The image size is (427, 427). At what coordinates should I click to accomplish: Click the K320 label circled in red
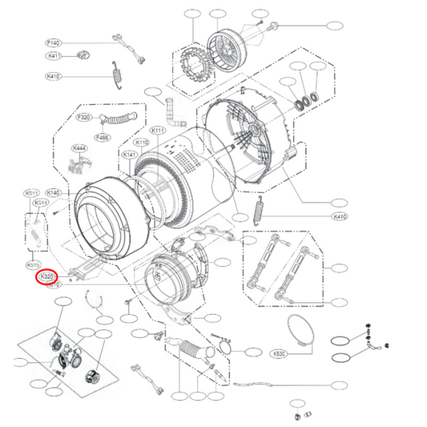click(47, 277)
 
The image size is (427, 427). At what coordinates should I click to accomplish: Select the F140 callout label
click(53, 41)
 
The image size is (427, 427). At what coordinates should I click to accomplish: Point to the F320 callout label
click(83, 117)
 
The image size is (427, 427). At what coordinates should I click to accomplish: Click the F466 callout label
click(103, 138)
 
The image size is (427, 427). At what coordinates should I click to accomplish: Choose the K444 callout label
click(79, 148)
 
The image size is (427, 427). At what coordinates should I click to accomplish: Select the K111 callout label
click(157, 131)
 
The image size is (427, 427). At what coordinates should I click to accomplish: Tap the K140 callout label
click(54, 193)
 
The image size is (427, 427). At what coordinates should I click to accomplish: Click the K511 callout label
click(32, 193)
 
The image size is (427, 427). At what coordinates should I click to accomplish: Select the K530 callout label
click(279, 352)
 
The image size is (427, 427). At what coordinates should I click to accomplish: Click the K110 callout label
click(141, 143)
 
